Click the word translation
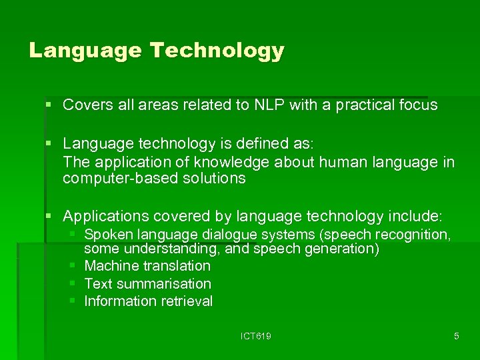coord(177,266)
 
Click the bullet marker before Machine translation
coord(73,266)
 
